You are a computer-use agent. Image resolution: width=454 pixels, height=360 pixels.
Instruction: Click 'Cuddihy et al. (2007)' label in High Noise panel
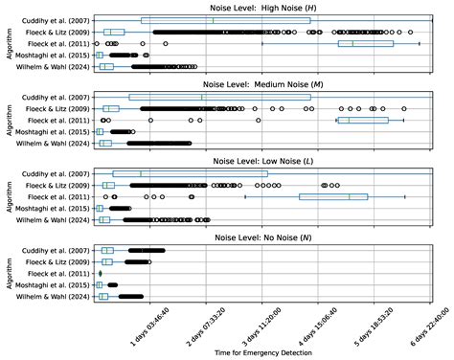click(x=57, y=20)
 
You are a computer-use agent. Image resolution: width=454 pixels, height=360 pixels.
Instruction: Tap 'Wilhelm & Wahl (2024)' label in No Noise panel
click(x=55, y=297)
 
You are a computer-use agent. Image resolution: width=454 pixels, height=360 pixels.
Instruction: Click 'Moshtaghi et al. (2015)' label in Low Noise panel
click(x=54, y=208)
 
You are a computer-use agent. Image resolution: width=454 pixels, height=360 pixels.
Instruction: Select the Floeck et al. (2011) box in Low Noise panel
click(x=335, y=196)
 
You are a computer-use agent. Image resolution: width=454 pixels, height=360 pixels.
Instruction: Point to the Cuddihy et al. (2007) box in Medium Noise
click(x=219, y=97)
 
